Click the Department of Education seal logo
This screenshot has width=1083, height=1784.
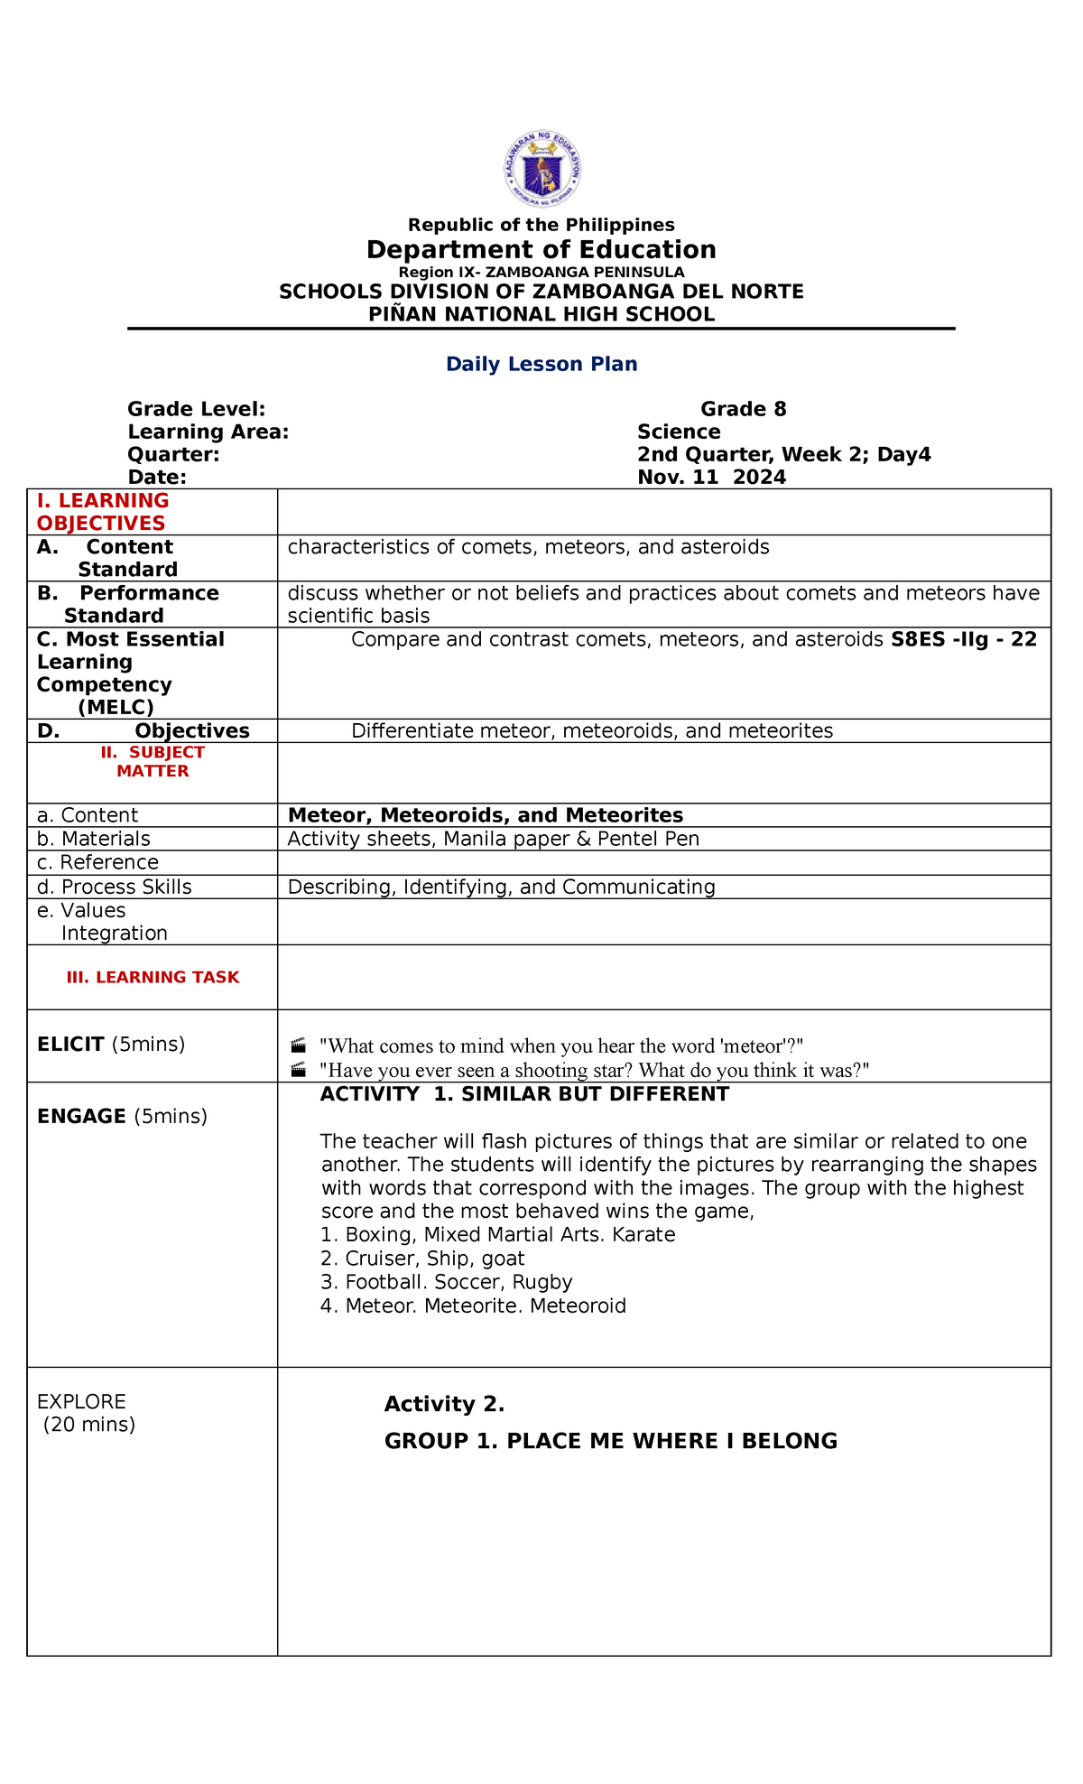tap(541, 169)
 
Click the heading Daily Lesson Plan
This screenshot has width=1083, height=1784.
tap(541, 364)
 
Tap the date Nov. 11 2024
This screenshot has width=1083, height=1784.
tap(711, 477)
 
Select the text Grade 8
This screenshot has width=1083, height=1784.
tap(743, 409)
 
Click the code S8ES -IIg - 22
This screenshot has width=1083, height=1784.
tap(963, 639)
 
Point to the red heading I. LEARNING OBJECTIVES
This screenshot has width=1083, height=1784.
tap(102, 512)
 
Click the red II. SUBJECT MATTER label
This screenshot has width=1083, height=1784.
tap(153, 761)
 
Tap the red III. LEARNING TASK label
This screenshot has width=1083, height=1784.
tap(153, 977)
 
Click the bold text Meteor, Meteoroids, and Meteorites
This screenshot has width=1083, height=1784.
tap(485, 815)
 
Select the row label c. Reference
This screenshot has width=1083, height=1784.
tap(97, 862)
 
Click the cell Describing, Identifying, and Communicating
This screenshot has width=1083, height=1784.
tap(501, 887)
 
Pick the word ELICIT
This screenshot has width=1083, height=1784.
tap(70, 1045)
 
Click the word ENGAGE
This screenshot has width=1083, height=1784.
tap(81, 1116)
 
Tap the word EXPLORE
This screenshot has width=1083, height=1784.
tap(81, 1401)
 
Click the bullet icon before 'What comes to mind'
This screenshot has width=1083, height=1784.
tap(299, 1046)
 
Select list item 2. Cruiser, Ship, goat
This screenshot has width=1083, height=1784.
tap(422, 1259)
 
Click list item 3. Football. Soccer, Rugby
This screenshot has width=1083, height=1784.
tap(446, 1282)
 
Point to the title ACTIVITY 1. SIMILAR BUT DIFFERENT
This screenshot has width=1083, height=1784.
tap(524, 1094)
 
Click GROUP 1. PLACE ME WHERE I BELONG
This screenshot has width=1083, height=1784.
tap(610, 1441)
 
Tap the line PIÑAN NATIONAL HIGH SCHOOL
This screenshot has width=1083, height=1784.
tap(541, 314)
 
